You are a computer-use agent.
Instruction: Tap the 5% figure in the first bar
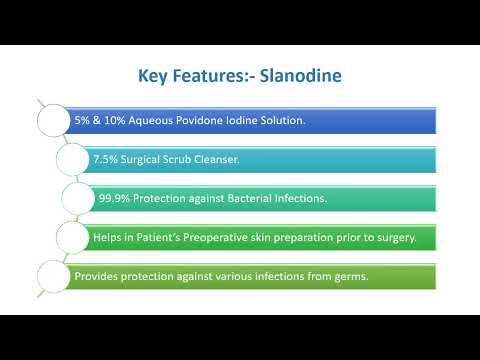[81, 120]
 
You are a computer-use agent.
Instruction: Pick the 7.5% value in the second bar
[106, 159]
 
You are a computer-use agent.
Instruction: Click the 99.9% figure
[113, 198]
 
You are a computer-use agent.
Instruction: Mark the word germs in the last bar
[336, 274]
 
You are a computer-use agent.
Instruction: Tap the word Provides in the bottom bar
[96, 274]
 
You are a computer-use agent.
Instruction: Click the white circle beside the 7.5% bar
[73, 159]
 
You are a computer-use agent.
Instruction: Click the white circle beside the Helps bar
[73, 236]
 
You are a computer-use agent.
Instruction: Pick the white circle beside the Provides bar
[53, 274]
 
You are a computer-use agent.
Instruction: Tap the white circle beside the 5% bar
[53, 120]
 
